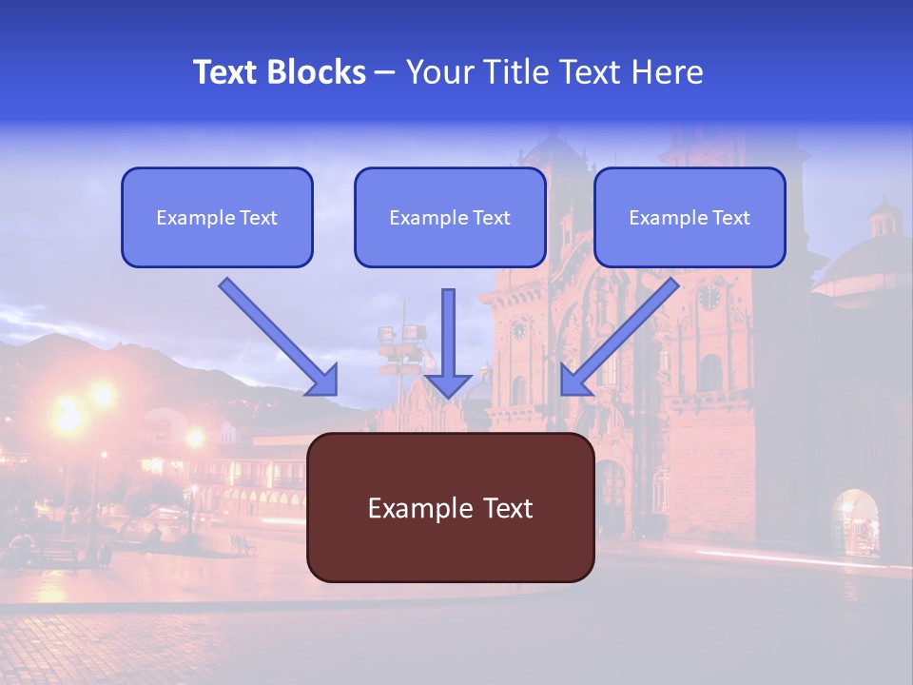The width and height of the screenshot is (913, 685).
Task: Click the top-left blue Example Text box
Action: pyautogui.click(x=217, y=218)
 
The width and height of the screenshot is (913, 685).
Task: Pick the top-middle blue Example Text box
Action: pyautogui.click(x=450, y=218)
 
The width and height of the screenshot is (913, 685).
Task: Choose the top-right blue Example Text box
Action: pyautogui.click(x=690, y=218)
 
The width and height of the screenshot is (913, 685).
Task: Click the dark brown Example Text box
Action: pyautogui.click(x=450, y=507)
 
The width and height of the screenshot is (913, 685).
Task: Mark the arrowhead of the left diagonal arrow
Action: pyautogui.click(x=323, y=381)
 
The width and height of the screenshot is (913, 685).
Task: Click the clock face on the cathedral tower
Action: pyautogui.click(x=709, y=297)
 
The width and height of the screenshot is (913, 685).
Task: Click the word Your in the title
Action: pyautogui.click(x=437, y=72)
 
